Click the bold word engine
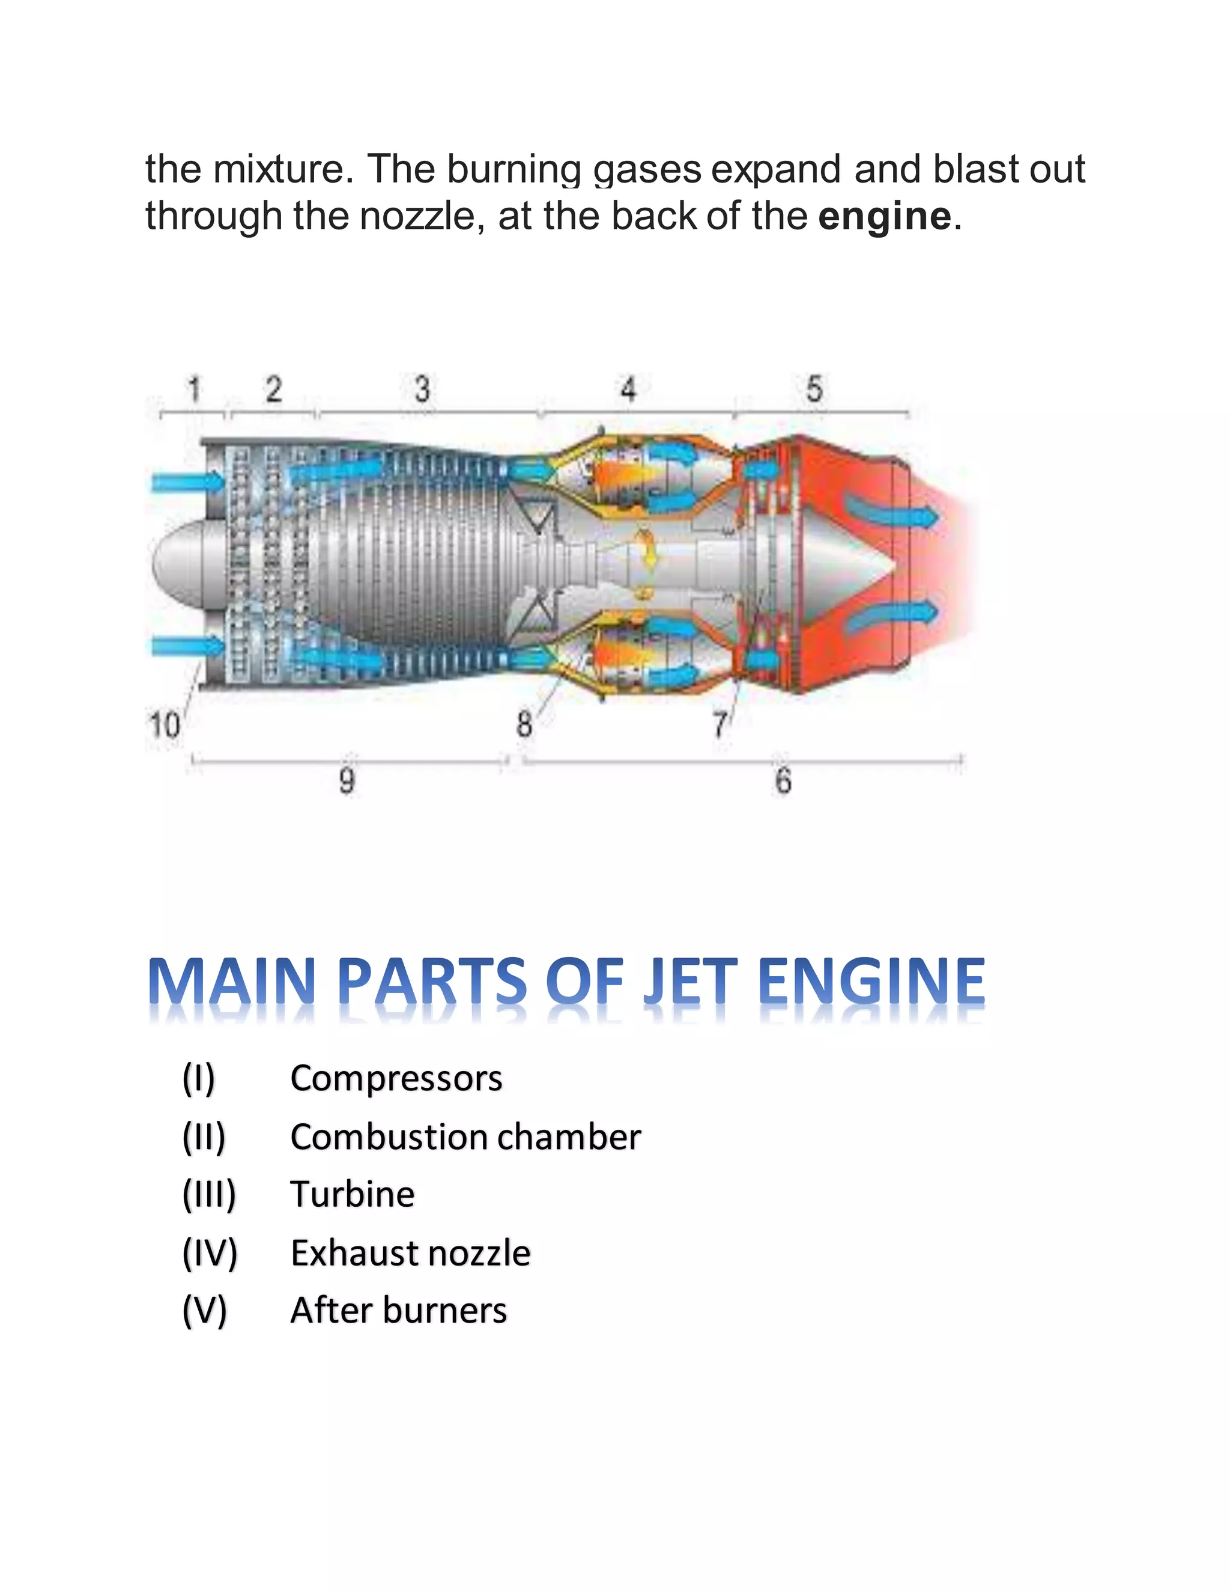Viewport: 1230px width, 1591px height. click(x=884, y=216)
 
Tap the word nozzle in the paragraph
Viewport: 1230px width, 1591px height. click(x=417, y=216)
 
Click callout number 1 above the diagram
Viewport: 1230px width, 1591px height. click(x=194, y=389)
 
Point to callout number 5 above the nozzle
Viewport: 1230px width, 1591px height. click(x=814, y=389)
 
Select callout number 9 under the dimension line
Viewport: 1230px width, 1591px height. click(x=347, y=781)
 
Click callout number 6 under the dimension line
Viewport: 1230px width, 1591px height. click(x=783, y=781)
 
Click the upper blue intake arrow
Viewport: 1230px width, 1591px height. click(x=188, y=482)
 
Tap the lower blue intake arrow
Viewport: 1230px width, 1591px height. click(x=188, y=645)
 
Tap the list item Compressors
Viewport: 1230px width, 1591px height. click(x=396, y=1078)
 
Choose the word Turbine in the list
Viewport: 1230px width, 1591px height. click(x=352, y=1195)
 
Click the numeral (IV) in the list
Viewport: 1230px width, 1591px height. click(x=210, y=1253)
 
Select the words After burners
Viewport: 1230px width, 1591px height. click(x=398, y=1311)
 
